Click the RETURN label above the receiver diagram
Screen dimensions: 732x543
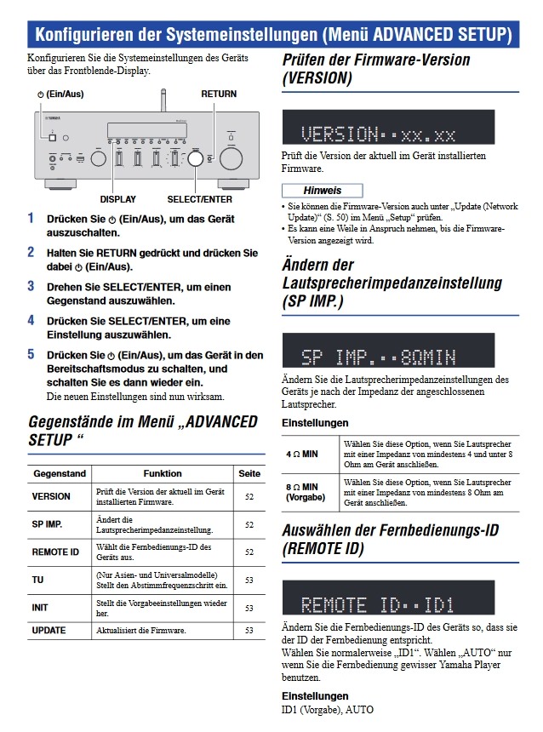(x=219, y=94)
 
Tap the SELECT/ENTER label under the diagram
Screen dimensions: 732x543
(x=200, y=199)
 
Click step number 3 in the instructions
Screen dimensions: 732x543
(x=31, y=285)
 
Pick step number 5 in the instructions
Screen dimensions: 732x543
(x=31, y=354)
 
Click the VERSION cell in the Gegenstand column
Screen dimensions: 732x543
(x=51, y=495)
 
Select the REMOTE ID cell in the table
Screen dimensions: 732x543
(x=55, y=552)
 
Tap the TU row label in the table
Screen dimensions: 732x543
(x=39, y=580)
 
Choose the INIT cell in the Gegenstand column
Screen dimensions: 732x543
(x=40, y=608)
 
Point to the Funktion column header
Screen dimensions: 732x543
(x=162, y=473)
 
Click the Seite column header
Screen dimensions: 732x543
(x=249, y=473)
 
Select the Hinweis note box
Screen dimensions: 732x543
(x=323, y=190)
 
